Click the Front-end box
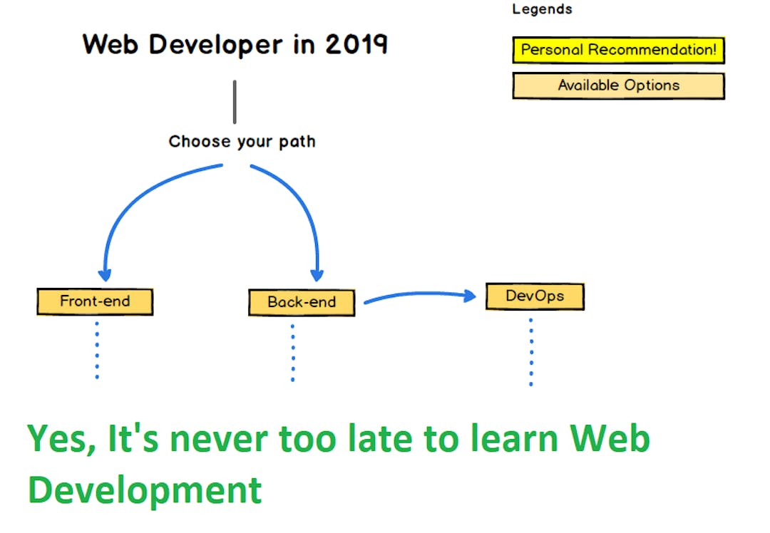pos(95,301)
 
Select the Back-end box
pos(302,302)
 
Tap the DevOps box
pos(535,296)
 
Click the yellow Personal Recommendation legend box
pos(618,51)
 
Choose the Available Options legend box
pos(618,86)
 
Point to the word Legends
pos(542,10)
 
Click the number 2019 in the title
pos(356,44)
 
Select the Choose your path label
pos(242,141)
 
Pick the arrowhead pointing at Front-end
pos(106,274)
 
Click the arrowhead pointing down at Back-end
pos(317,274)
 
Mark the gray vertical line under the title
pos(235,102)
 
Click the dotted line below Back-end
pos(292,353)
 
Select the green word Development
pos(145,490)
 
